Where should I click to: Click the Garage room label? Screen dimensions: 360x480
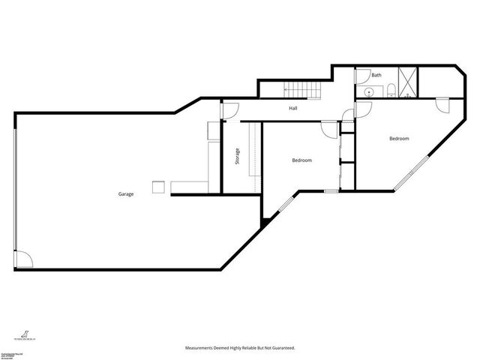click(125, 194)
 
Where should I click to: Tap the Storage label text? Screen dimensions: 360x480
click(238, 158)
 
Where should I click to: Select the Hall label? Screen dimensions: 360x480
click(295, 109)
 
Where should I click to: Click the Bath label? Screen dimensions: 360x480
click(376, 75)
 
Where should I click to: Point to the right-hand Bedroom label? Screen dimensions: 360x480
click(399, 139)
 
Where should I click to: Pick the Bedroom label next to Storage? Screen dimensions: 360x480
click(301, 160)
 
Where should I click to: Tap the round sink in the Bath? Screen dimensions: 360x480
click(367, 92)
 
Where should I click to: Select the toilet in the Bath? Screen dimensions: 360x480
click(392, 91)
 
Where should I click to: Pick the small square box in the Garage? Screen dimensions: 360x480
click(157, 187)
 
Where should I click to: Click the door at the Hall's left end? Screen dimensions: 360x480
click(229, 110)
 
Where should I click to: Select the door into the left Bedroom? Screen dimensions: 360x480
click(329, 130)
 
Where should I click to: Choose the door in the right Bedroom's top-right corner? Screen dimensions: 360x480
click(442, 104)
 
